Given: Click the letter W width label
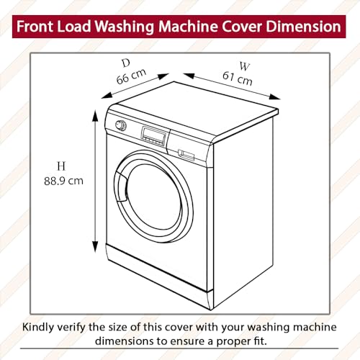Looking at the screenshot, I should point(245,66).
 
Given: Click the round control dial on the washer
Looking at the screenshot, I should point(122,125).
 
